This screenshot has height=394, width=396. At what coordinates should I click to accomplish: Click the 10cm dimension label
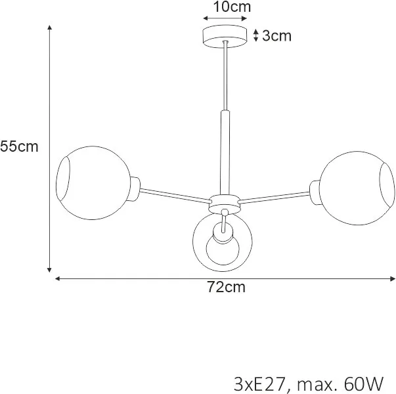coord(232,7)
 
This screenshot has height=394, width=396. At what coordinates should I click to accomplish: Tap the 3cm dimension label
coord(276,35)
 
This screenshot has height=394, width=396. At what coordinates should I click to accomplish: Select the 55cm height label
coord(19,146)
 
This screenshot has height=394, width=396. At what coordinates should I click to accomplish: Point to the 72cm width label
coord(227,287)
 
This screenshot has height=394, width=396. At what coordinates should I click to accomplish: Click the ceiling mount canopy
coord(225,36)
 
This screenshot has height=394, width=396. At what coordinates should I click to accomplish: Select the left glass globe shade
coord(93,183)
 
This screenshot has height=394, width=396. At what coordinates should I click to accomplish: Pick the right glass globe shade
coord(357,188)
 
